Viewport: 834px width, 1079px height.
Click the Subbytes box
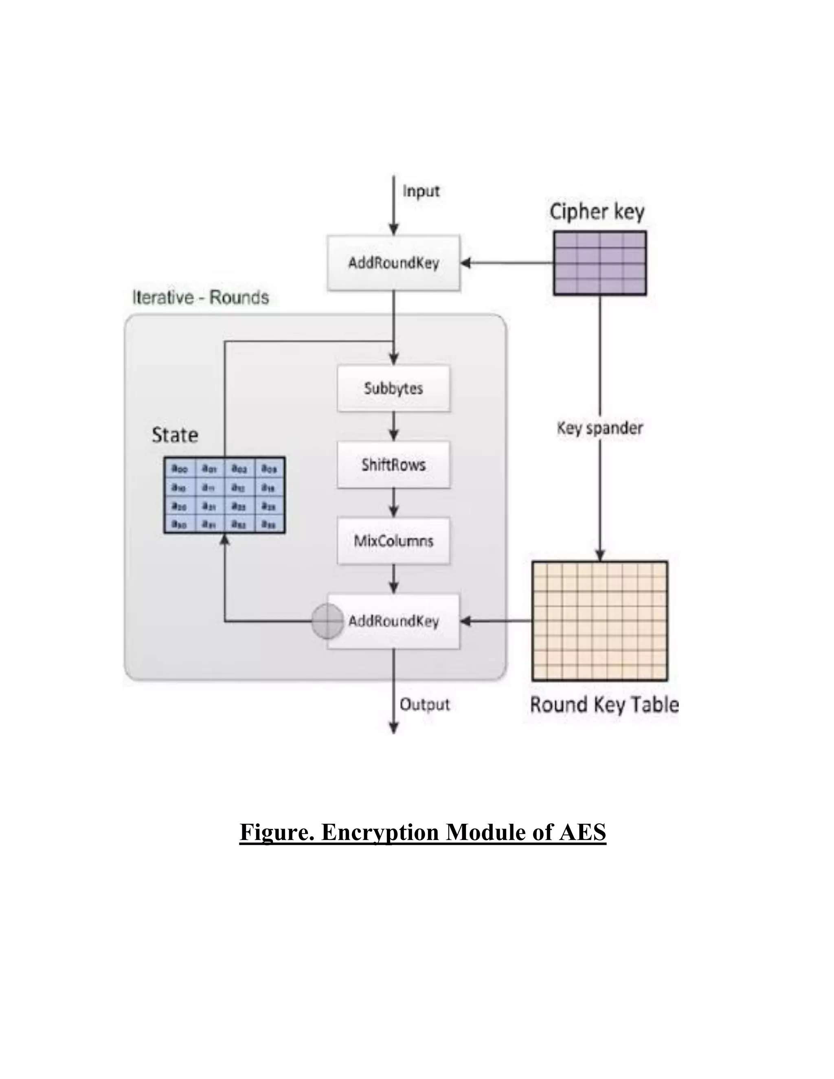[x=393, y=388]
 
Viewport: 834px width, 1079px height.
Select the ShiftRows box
[x=393, y=465]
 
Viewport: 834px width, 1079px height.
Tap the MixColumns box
[x=393, y=541]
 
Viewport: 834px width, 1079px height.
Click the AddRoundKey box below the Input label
[x=393, y=263]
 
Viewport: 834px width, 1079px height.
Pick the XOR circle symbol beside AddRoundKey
[x=327, y=621]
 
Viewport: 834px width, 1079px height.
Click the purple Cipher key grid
[x=599, y=263]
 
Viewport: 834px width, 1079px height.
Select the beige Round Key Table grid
[x=599, y=621]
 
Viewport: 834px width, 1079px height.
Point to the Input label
[x=420, y=191]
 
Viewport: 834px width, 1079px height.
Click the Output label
[x=424, y=704]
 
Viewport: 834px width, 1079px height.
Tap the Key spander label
[x=599, y=428]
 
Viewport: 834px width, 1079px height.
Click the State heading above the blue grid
[x=175, y=435]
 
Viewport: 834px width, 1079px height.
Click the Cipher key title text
[x=597, y=212]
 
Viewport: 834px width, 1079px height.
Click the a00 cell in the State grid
[x=179, y=468]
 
